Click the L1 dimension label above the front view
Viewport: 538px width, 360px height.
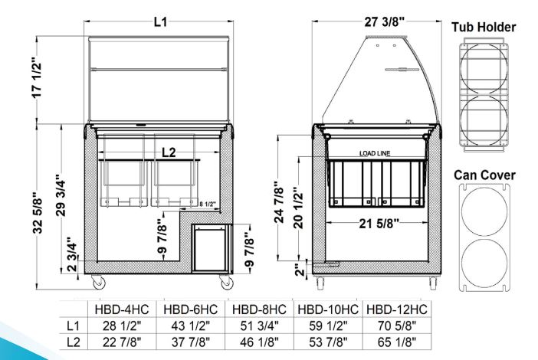coord(160,22)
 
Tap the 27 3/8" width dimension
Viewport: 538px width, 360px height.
coord(384,22)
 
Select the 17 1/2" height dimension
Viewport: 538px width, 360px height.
coord(37,80)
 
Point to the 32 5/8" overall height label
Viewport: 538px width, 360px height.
coord(38,215)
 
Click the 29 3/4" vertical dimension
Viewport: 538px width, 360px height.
coord(61,195)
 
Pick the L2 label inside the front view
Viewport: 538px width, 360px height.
coord(169,152)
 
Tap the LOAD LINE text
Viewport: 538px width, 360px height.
coord(375,153)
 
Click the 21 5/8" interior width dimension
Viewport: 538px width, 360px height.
coord(379,224)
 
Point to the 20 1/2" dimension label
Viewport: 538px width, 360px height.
coord(299,208)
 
